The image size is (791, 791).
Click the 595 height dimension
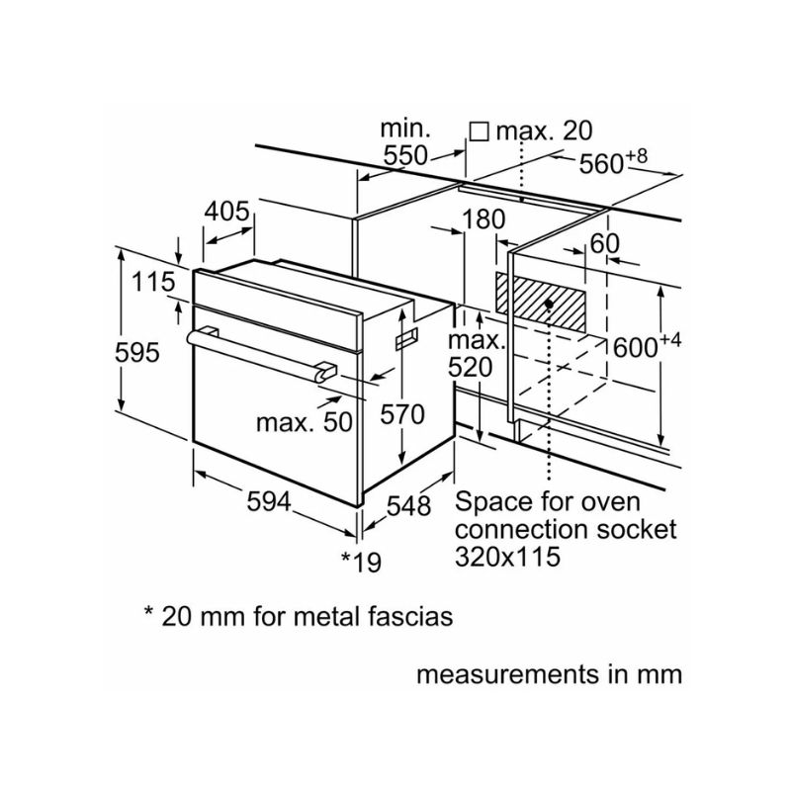(136, 353)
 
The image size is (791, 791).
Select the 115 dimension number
(153, 283)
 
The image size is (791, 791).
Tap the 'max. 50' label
(304, 423)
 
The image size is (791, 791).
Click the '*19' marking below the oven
(361, 562)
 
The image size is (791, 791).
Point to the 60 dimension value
(604, 243)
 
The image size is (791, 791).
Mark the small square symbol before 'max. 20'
(480, 131)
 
